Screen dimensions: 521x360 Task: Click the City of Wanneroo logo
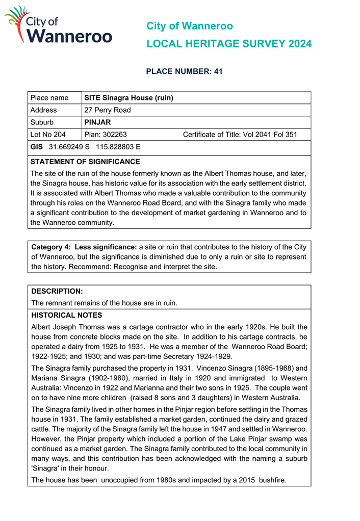pyautogui.click(x=58, y=24)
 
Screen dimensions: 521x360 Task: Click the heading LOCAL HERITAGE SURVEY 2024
pyautogui.click(x=229, y=44)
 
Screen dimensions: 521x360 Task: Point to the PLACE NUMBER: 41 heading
pyautogui.click(x=184, y=71)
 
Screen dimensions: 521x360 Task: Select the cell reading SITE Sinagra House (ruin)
pyautogui.click(x=129, y=98)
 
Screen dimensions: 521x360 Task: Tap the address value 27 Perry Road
pyautogui.click(x=108, y=110)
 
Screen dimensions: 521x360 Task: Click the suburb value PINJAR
pyautogui.click(x=97, y=122)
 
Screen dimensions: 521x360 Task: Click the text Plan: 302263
pyautogui.click(x=106, y=135)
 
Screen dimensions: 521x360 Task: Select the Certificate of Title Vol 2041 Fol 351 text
pyautogui.click(x=240, y=135)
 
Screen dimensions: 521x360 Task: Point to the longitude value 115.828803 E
pyautogui.click(x=118, y=147)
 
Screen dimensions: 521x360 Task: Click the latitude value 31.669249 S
pyautogui.click(x=69, y=147)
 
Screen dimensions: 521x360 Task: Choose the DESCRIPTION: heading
pyautogui.click(x=57, y=291)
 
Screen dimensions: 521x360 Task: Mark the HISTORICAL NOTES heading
pyautogui.click(x=67, y=315)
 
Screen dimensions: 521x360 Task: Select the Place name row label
pyautogui.click(x=49, y=98)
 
